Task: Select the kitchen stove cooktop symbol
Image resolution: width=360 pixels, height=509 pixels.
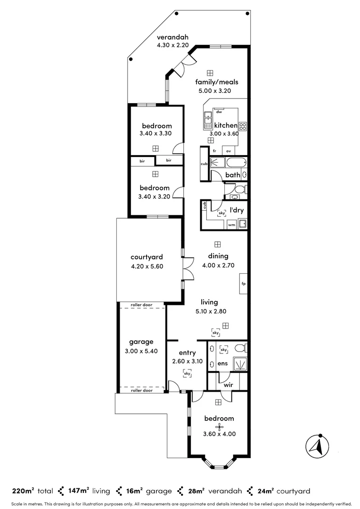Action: click(243, 126)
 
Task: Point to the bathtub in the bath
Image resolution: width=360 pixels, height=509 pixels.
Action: click(236, 164)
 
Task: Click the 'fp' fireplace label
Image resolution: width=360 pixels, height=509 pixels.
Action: click(244, 284)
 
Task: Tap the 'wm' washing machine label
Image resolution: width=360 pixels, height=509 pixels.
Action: click(231, 225)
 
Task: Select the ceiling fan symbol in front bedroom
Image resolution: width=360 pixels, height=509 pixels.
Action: click(218, 426)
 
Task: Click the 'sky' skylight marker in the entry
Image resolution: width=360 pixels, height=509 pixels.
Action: click(188, 373)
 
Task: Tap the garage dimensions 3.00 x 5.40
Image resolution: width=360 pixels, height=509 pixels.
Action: click(141, 351)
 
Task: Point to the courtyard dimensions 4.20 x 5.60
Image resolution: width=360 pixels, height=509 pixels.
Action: click(147, 266)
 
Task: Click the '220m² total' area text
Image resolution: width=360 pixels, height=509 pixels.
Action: click(31, 491)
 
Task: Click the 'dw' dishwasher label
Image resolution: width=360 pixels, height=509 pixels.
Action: click(219, 112)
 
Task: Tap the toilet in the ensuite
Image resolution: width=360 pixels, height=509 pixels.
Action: click(240, 349)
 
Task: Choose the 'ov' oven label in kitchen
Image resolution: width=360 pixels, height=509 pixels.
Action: click(229, 151)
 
